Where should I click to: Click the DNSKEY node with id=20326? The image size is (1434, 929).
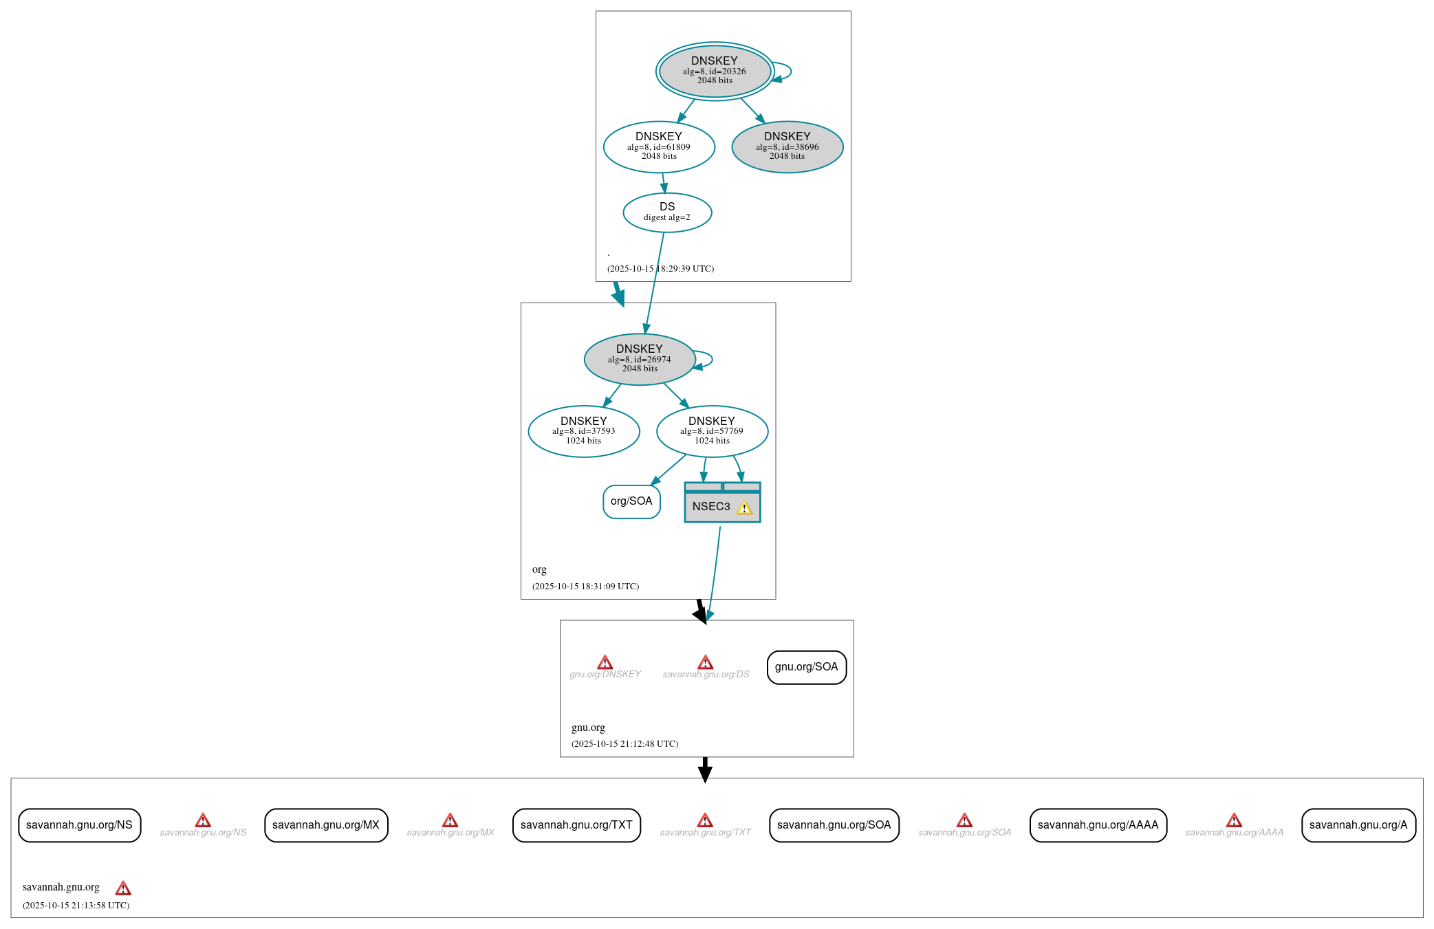pyautogui.click(x=715, y=71)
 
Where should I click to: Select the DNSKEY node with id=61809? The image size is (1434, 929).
pyautogui.click(x=659, y=146)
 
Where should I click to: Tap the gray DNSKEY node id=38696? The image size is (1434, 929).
pyautogui.click(x=787, y=146)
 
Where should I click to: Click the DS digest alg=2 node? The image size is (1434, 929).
pyautogui.click(x=667, y=212)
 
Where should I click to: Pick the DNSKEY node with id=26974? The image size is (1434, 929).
pyautogui.click(x=640, y=359)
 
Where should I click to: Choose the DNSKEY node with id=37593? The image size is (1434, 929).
pyautogui.click(x=583, y=431)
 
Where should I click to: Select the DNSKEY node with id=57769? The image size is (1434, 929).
pyautogui.click(x=712, y=431)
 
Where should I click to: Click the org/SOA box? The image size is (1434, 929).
pyautogui.click(x=631, y=501)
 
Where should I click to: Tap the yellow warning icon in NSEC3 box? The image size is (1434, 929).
pyautogui.click(x=744, y=508)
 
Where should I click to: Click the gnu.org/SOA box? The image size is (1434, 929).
pyautogui.click(x=806, y=667)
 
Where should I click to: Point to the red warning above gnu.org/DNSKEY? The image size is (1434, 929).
pyautogui.click(x=605, y=662)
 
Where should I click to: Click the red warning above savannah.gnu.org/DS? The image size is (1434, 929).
pyautogui.click(x=705, y=662)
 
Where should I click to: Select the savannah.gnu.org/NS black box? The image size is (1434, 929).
pyautogui.click(x=79, y=825)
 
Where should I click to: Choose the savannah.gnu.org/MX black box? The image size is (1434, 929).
pyautogui.click(x=326, y=825)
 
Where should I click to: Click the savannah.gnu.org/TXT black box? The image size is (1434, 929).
pyautogui.click(x=576, y=825)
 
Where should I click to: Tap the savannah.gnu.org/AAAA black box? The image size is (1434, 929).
pyautogui.click(x=1098, y=825)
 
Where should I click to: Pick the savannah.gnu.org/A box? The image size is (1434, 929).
pyautogui.click(x=1358, y=825)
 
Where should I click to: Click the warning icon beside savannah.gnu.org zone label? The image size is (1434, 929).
pyautogui.click(x=123, y=888)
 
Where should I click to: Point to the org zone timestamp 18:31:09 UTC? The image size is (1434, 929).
pyautogui.click(x=585, y=587)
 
